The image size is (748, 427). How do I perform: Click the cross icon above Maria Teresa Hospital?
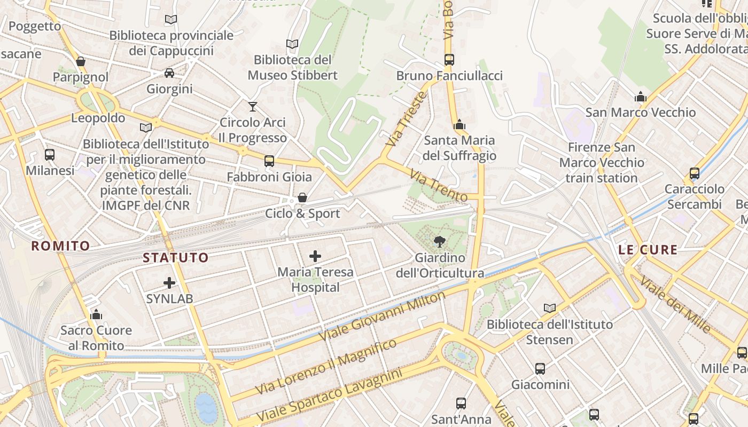[x=315, y=256]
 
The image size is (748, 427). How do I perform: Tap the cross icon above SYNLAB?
[x=169, y=283]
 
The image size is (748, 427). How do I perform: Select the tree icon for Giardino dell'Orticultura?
[x=440, y=242]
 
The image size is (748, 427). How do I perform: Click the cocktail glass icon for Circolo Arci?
[x=253, y=107]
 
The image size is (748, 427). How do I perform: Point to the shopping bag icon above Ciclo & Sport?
[x=302, y=198]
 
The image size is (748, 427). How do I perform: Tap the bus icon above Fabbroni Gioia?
[x=269, y=161]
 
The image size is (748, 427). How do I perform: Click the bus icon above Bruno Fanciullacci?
[x=449, y=60]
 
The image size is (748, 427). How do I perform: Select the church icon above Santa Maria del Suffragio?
[x=459, y=125]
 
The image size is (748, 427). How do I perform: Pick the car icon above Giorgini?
[x=169, y=73]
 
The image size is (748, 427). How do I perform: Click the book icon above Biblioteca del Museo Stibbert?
[x=292, y=44]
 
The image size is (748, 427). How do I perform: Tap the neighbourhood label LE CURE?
[x=648, y=250]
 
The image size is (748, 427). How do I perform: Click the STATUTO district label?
[x=176, y=258]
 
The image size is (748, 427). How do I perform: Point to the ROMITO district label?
[x=60, y=246]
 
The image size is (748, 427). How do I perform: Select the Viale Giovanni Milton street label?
[x=382, y=316]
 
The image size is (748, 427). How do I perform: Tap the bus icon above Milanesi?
[x=50, y=155]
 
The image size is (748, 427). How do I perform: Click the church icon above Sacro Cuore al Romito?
[x=96, y=314]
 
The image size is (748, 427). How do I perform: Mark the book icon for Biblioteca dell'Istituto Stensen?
[x=549, y=308]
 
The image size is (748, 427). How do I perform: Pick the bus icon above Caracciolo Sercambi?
[x=695, y=173]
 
